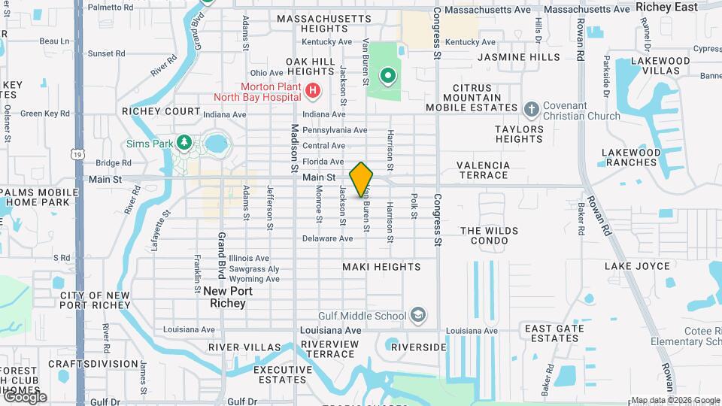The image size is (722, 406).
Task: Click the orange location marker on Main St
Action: [362, 179]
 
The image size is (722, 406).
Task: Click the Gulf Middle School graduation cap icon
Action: [419, 315]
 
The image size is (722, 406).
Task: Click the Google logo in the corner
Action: [24, 397]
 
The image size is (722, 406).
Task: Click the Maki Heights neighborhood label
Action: [381, 267]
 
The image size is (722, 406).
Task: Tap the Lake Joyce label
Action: [637, 266]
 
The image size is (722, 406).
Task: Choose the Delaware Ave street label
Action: [327, 238]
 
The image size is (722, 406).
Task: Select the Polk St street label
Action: [414, 206]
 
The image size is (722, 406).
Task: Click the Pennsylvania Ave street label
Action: [334, 130]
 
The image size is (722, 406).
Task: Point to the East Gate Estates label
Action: [554, 333]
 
